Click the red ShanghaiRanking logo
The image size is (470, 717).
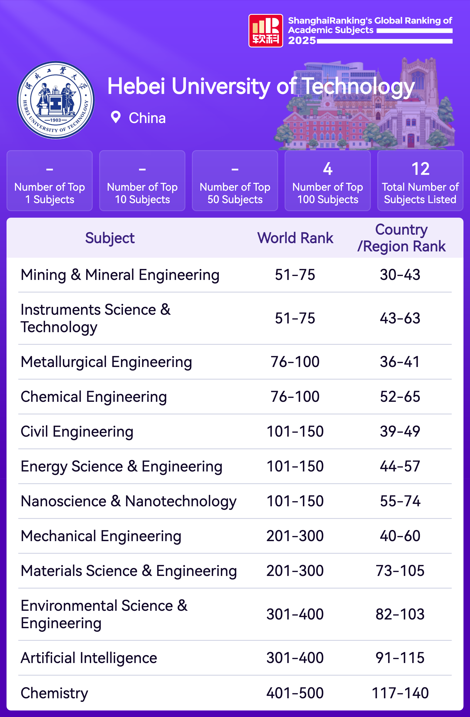pyautogui.click(x=265, y=31)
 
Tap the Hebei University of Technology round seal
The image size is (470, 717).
pyautogui.click(x=56, y=100)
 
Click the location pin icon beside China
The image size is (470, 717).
pyautogui.click(x=116, y=117)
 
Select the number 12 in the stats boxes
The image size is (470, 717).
pyautogui.click(x=420, y=169)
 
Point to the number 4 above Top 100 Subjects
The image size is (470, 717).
pyautogui.click(x=327, y=169)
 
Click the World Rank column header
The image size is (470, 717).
pyautogui.click(x=295, y=238)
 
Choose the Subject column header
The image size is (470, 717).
pyautogui.click(x=110, y=238)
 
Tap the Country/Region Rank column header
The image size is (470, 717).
pyautogui.click(x=401, y=238)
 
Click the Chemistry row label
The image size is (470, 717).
pyautogui.click(x=54, y=693)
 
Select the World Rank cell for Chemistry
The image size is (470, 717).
pyautogui.click(x=295, y=693)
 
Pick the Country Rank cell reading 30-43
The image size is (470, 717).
pyautogui.click(x=400, y=275)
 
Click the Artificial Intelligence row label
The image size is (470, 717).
pyautogui.click(x=89, y=658)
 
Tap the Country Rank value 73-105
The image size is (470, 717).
pyautogui.click(x=400, y=571)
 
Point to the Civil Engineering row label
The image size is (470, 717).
pyautogui.click(x=77, y=431)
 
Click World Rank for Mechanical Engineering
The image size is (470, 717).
pyautogui.click(x=295, y=536)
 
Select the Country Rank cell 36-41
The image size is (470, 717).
pyautogui.click(x=400, y=362)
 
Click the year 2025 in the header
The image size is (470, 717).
pyautogui.click(x=302, y=40)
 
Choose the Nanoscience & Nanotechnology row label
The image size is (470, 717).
pyautogui.click(x=129, y=501)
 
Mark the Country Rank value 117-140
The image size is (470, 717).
pyautogui.click(x=400, y=693)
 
